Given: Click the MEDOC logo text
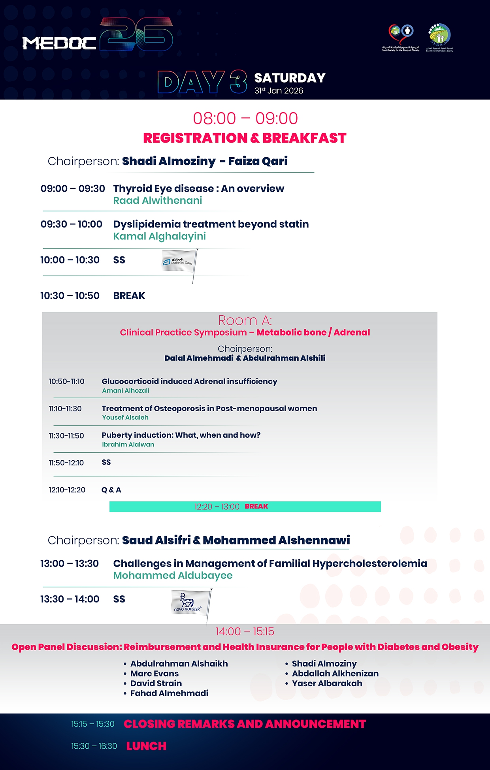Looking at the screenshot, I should pos(59,43).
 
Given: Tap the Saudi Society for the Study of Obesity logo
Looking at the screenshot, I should pos(401,38).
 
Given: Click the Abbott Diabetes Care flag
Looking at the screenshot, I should pos(179,262).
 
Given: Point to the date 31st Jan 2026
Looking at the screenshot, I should pos(279,91).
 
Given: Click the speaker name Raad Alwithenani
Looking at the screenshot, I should pos(157,201).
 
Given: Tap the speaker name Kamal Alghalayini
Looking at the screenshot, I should pos(159,236).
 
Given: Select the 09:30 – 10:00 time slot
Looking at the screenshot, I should pos(72,224).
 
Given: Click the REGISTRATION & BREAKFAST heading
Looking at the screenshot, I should pos(245,138).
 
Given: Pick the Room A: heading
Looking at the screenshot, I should pos(245,320).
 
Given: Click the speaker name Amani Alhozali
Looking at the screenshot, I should pos(126,391).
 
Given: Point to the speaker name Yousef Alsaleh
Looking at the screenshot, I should pos(125,418).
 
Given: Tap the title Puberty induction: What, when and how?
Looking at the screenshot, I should pos(181,435).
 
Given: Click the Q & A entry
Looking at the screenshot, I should pos(111,490).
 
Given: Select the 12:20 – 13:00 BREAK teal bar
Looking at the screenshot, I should pos(245,506).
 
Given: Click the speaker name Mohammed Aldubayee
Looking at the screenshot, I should pos(173,576).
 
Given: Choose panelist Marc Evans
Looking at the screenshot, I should pos(155,674).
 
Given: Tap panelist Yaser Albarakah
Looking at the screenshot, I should pos(327,683).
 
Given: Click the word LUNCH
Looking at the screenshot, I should pos(146,746).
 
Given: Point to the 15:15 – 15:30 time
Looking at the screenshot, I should pos(93,724).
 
